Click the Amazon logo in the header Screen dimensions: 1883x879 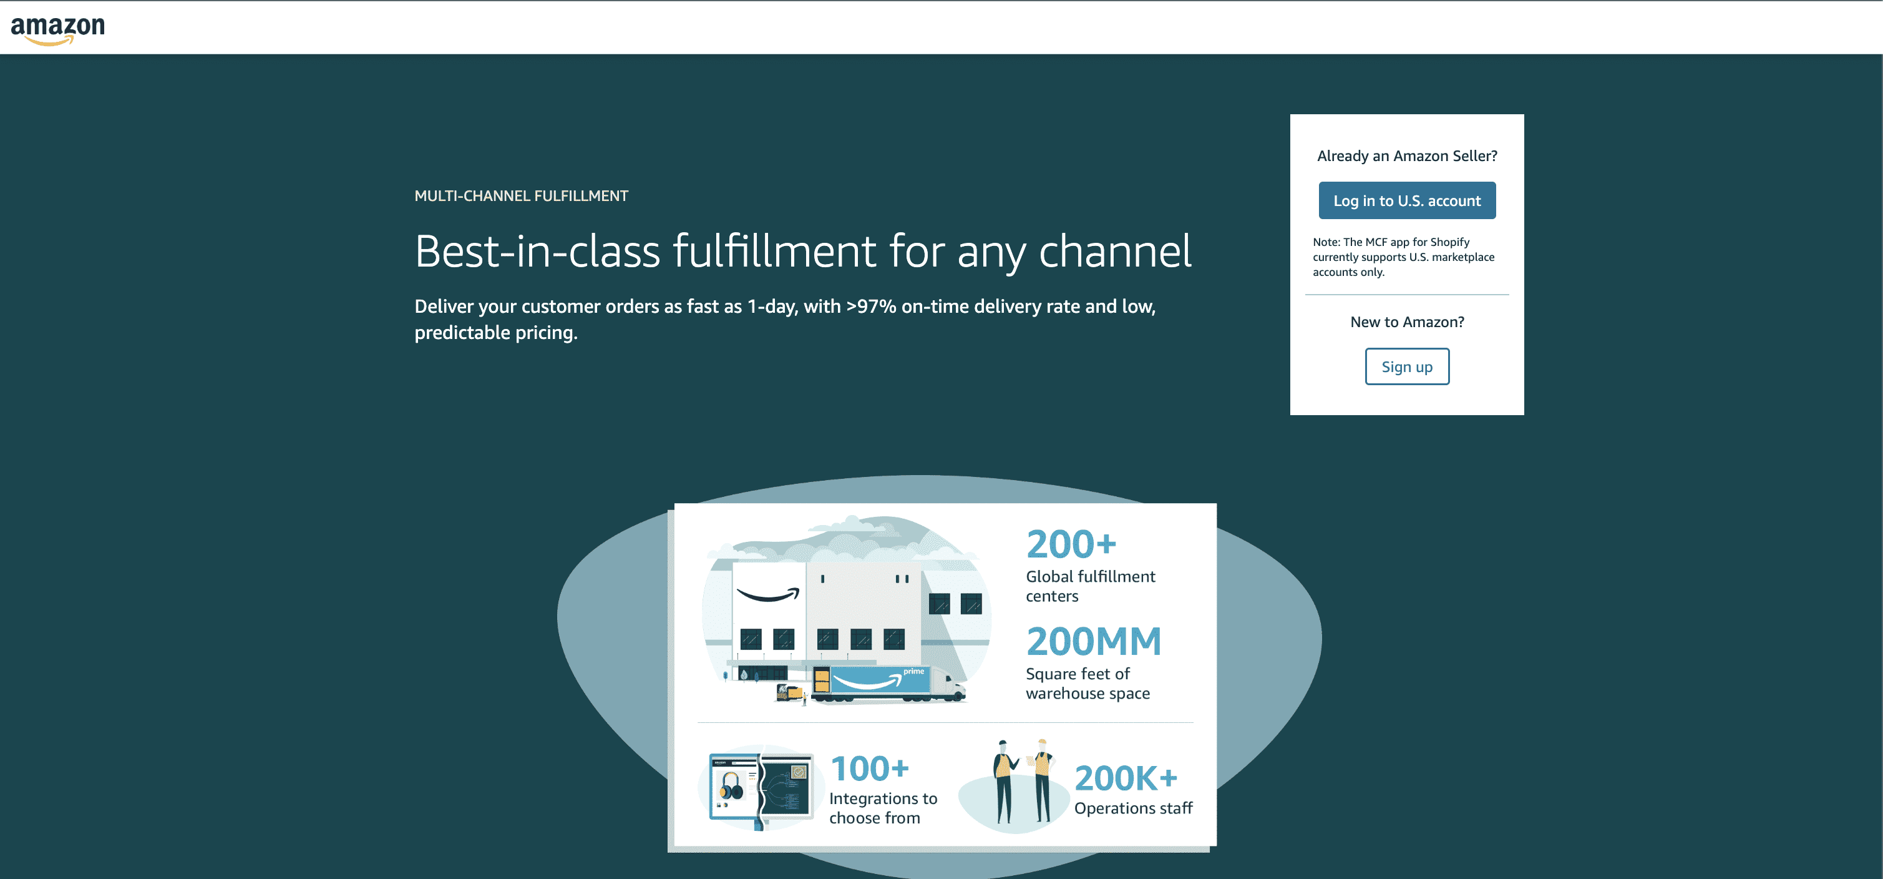pos(58,29)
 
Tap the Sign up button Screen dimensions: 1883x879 pos(1406,366)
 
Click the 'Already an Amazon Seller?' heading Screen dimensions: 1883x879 pos(1406,156)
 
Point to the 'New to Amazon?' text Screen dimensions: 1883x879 pos(1406,322)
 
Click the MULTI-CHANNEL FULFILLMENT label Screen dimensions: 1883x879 pos(521,196)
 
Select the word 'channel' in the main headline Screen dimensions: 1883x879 pos(1115,252)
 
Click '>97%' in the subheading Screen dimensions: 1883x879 pos(870,307)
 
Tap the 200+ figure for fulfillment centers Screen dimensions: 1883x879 pos(1071,544)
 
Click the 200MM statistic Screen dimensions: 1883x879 pos(1094,641)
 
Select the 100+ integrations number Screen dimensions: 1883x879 pos(870,769)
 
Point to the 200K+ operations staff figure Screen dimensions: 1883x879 pos(1126,778)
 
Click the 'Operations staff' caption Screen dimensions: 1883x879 pos(1133,808)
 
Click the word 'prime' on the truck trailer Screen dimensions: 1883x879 pos(913,671)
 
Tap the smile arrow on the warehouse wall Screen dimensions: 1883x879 pos(768,594)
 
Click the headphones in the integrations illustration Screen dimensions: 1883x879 pos(731,787)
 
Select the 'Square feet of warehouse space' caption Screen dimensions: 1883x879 pos(1087,683)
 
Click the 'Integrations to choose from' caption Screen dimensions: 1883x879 pos(883,808)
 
